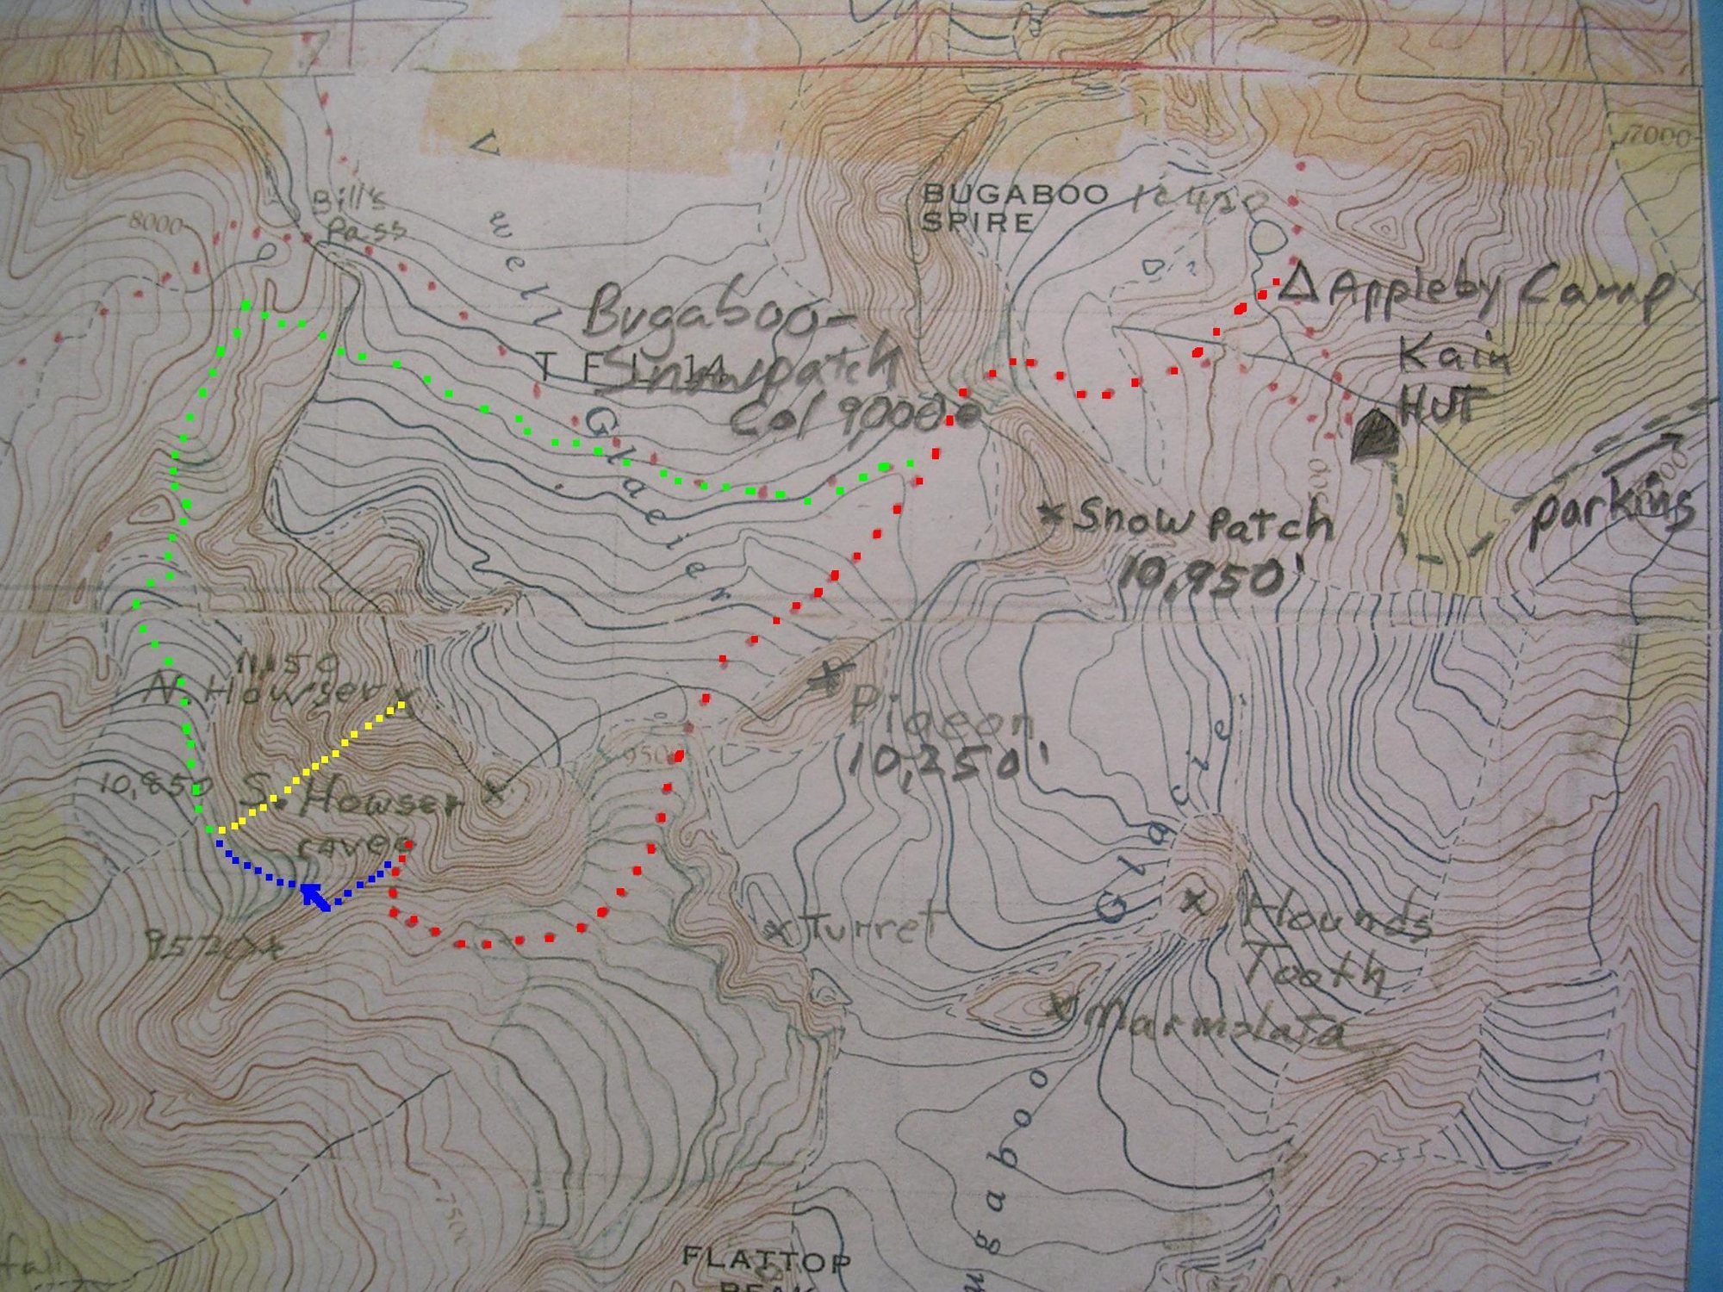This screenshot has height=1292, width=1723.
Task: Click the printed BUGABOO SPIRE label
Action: click(1015, 208)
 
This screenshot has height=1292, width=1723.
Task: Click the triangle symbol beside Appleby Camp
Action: click(1297, 287)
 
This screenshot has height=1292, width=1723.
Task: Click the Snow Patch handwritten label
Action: click(1197, 520)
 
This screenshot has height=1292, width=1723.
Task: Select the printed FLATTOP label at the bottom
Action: click(766, 1260)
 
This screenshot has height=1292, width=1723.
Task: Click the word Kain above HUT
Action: click(1453, 355)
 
